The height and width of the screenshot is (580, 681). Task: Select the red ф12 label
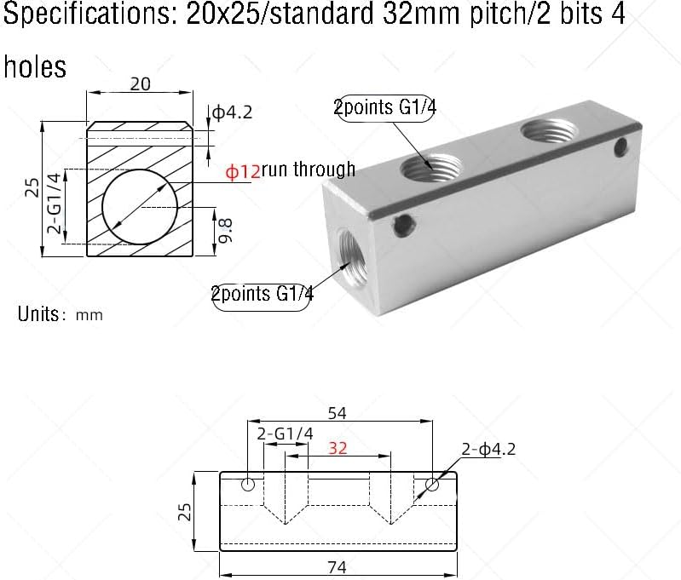pos(242,171)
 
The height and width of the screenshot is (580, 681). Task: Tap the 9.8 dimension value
pos(225,230)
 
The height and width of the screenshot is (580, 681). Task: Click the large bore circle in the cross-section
pos(140,207)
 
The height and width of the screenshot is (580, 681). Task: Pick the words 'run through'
pos(309,169)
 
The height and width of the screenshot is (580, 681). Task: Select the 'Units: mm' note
pos(60,314)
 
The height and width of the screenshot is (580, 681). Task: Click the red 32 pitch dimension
pos(338,448)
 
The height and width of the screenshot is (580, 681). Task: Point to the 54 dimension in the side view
pos(338,413)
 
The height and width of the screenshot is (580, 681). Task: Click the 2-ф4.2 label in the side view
pos(488,449)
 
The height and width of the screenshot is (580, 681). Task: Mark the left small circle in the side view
pos(248,485)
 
